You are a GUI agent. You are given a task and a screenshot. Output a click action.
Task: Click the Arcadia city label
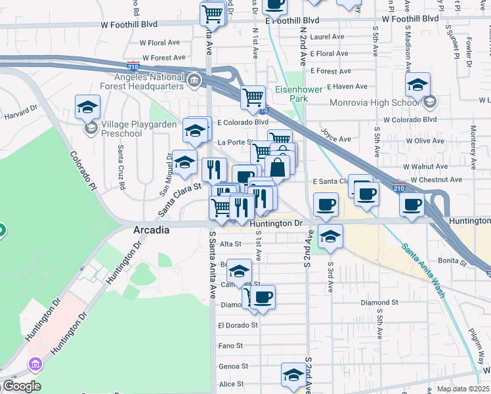click(152, 230)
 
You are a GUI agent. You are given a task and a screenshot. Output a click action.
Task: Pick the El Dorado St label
click(238, 325)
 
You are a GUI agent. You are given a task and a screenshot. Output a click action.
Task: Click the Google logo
click(22, 387)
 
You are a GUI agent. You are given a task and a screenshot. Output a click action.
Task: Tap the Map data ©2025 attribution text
click(462, 389)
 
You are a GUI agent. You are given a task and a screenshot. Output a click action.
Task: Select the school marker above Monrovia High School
click(417, 84)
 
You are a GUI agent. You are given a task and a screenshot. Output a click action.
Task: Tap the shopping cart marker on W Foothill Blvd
click(213, 13)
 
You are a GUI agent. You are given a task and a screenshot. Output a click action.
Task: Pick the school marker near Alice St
click(293, 374)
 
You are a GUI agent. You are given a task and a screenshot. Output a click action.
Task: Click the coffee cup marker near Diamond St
click(263, 296)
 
